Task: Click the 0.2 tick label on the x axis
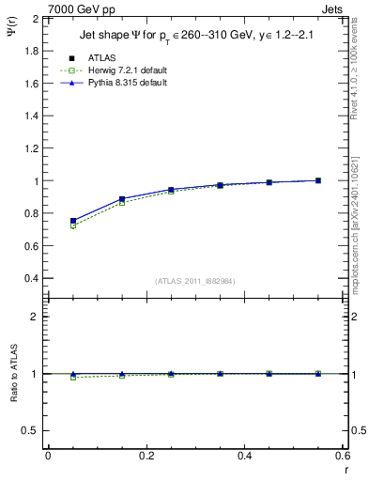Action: click(x=146, y=456)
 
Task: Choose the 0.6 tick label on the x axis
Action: click(x=342, y=456)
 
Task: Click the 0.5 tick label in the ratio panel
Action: click(x=31, y=430)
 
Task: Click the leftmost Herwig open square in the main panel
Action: click(x=73, y=225)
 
